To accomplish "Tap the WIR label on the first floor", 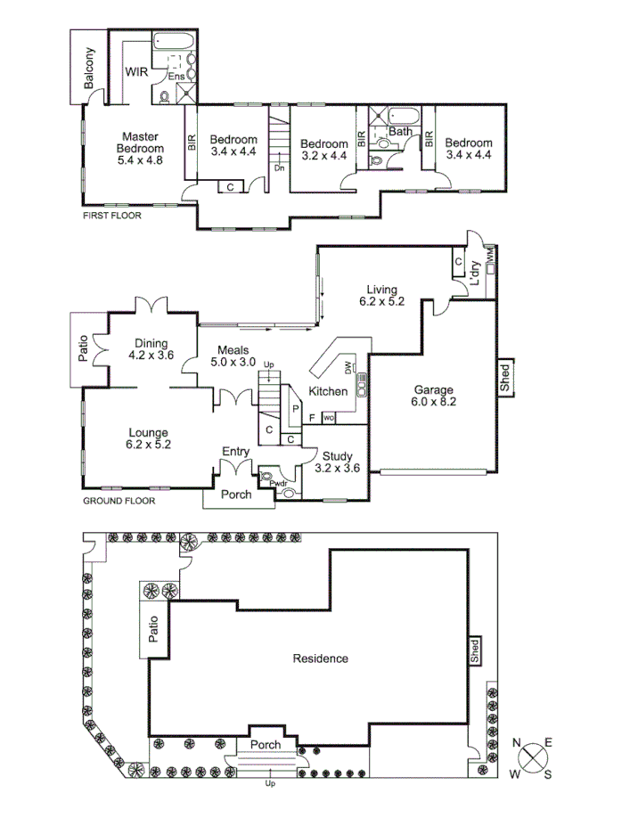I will point(136,72).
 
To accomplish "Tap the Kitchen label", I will point(327,392).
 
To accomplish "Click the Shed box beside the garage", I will point(504,380).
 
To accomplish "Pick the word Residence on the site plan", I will point(320,658).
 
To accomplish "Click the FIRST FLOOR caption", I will point(111,216).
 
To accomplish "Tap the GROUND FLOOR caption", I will point(119,501).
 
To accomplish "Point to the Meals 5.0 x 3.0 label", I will point(233,356).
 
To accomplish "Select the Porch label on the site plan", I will point(266,744).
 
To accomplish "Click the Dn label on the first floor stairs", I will point(279,168).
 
